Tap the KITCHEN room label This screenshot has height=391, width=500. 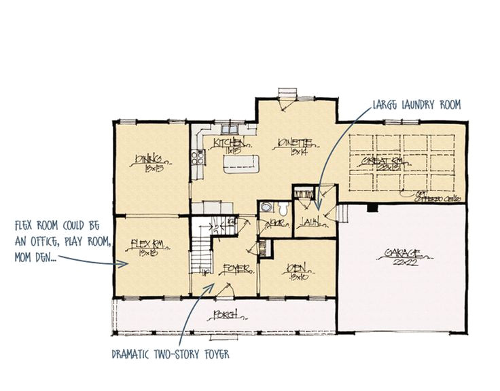[226, 145]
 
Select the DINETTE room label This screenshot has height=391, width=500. [296, 145]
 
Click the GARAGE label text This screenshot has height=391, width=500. [402, 255]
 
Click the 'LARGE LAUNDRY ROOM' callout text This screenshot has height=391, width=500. [416, 105]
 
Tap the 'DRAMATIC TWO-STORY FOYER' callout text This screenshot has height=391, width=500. [174, 354]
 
